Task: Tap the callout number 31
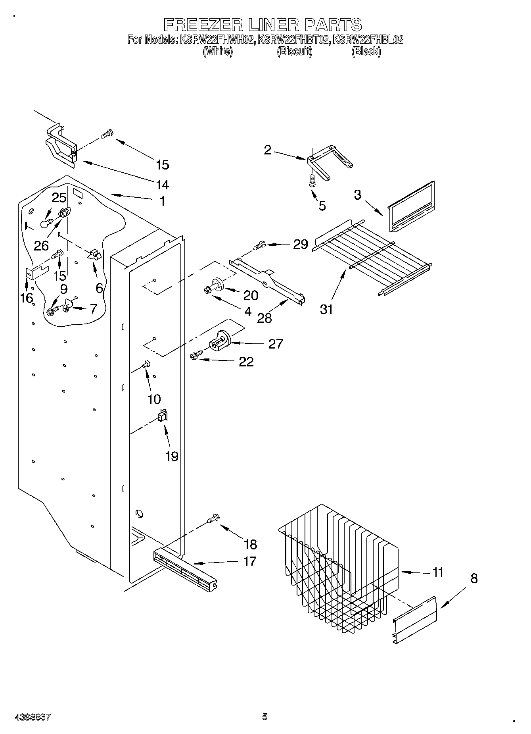click(x=326, y=309)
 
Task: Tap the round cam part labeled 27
click(x=220, y=340)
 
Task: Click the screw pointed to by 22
click(x=195, y=356)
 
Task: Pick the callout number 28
click(x=265, y=318)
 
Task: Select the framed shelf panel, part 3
click(x=410, y=207)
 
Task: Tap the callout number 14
click(x=162, y=185)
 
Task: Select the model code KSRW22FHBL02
click(x=368, y=40)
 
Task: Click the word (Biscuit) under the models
click(x=294, y=51)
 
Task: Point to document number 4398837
click(x=33, y=717)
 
